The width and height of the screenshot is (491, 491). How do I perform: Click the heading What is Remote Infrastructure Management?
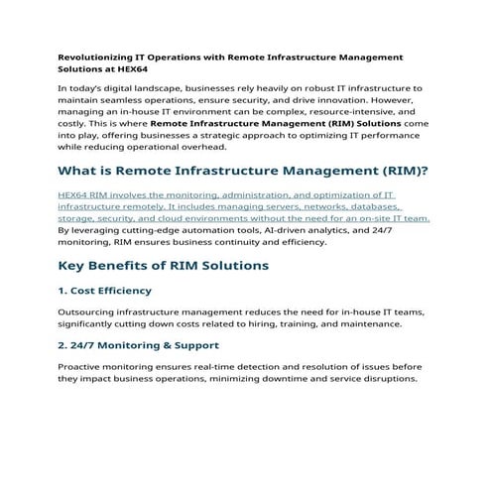click(244, 172)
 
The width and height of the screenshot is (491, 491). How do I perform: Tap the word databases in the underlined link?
click(372, 207)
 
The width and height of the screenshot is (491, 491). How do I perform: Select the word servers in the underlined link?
click(255, 207)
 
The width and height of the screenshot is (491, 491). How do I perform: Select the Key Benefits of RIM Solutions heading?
click(164, 266)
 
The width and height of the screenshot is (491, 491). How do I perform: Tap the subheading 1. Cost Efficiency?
click(104, 291)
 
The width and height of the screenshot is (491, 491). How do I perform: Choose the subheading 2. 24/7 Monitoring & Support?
click(139, 345)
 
